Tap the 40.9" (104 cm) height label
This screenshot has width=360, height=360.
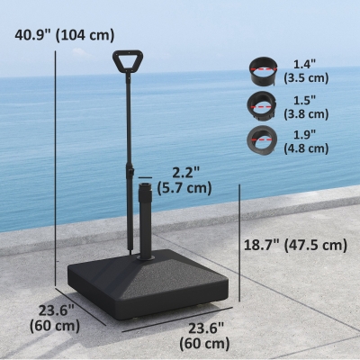click(x=65, y=35)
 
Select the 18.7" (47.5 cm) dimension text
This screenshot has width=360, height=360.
click(x=295, y=245)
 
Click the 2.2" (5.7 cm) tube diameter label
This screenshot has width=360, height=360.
click(x=184, y=180)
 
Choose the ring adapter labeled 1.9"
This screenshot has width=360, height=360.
click(x=261, y=140)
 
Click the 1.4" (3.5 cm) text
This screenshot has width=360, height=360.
click(x=306, y=71)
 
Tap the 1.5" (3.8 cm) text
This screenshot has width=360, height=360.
click(x=306, y=107)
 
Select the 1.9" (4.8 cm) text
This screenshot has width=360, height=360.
click(x=306, y=141)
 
